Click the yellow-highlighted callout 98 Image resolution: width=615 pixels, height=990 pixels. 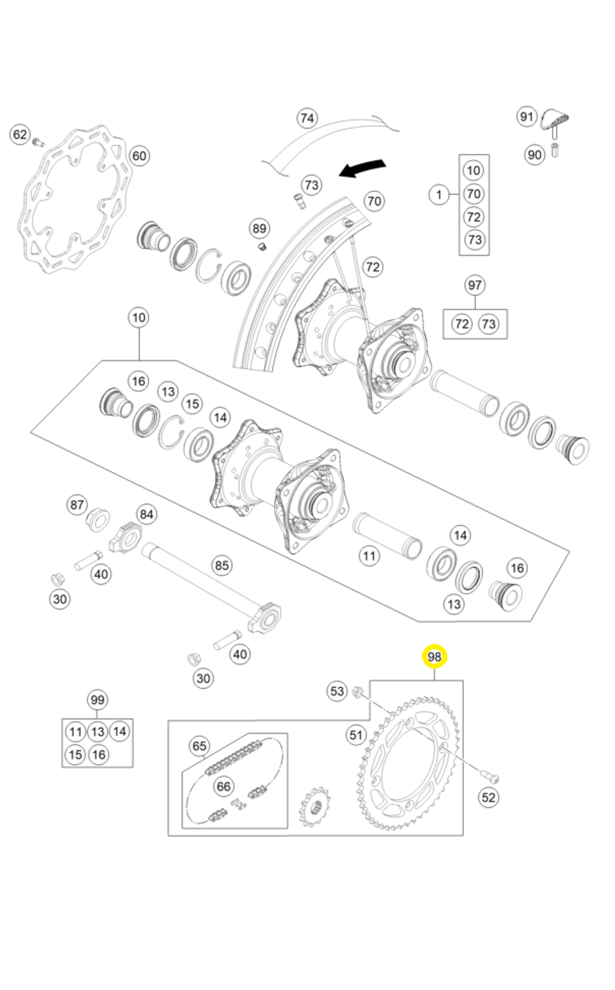click(x=434, y=657)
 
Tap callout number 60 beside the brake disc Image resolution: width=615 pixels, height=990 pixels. click(x=140, y=156)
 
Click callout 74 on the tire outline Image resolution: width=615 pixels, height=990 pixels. click(x=307, y=118)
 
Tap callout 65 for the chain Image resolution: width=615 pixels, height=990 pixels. click(x=199, y=746)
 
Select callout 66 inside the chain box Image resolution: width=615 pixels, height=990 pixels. click(x=223, y=786)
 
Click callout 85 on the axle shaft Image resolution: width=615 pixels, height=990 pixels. click(x=221, y=565)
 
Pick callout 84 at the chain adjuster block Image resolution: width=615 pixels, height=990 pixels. click(x=146, y=514)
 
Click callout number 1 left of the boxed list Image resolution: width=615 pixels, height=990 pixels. click(x=438, y=195)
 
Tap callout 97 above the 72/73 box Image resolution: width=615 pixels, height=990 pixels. click(x=474, y=285)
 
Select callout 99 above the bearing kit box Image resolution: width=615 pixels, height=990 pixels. click(x=97, y=700)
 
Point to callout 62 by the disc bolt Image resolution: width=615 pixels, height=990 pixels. click(x=20, y=135)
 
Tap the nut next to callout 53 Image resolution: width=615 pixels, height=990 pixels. click(x=356, y=693)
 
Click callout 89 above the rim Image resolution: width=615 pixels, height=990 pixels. click(x=260, y=229)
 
